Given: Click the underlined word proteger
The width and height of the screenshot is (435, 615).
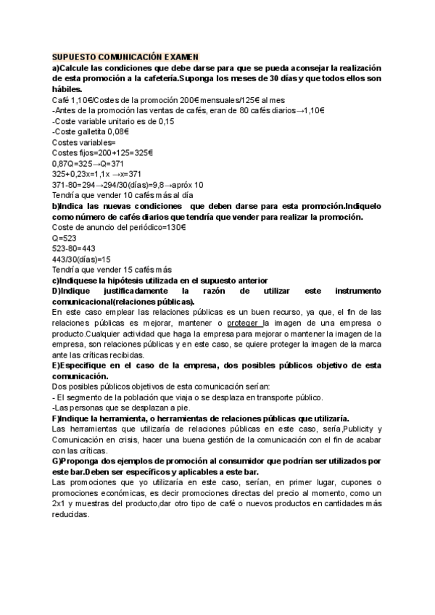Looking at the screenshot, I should coord(247,323).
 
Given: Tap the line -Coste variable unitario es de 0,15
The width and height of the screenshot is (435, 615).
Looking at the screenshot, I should coord(113,121).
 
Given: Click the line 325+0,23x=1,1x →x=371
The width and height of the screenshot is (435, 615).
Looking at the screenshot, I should coord(97,174).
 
